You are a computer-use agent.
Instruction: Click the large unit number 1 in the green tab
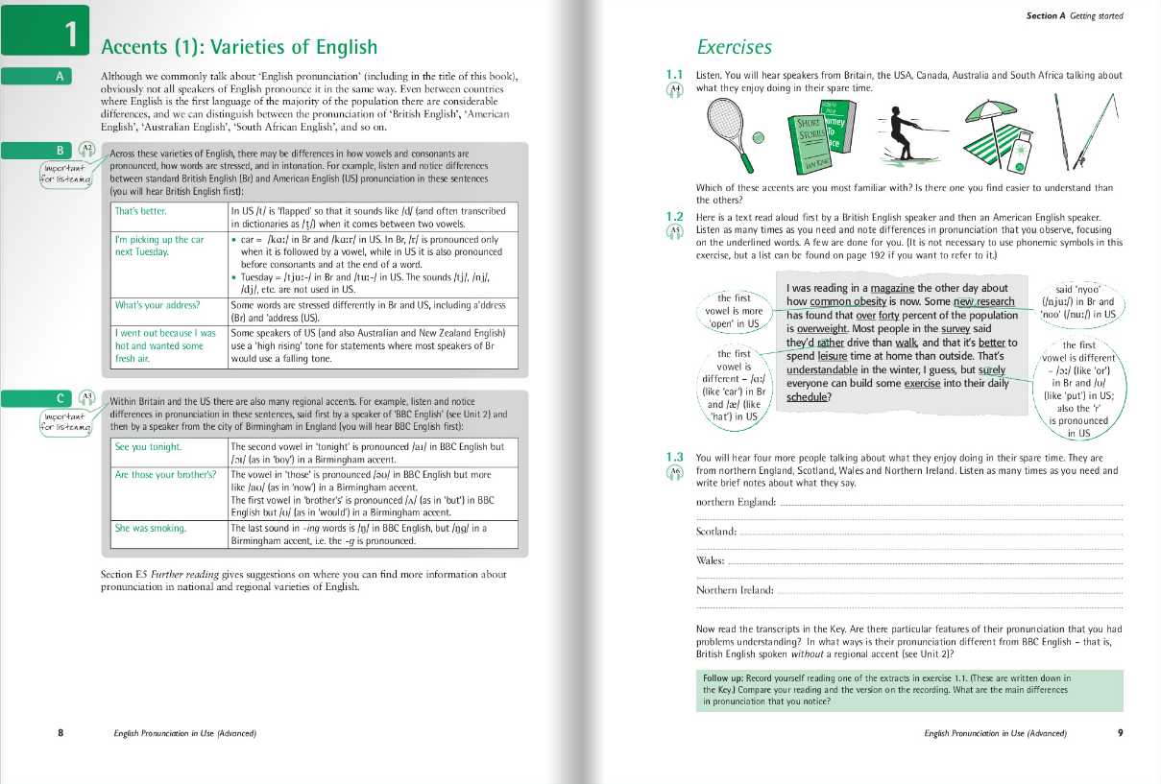pyautogui.click(x=69, y=36)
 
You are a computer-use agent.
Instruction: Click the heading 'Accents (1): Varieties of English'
pyautogui.click(x=239, y=47)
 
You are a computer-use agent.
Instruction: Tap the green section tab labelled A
pyautogui.click(x=60, y=78)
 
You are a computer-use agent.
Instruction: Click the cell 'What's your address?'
pyautogui.click(x=157, y=305)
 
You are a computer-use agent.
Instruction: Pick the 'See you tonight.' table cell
pyautogui.click(x=148, y=447)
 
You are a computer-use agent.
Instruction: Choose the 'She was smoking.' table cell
pyautogui.click(x=151, y=528)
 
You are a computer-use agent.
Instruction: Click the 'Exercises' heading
pyautogui.click(x=734, y=47)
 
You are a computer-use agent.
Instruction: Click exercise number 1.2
pyautogui.click(x=674, y=216)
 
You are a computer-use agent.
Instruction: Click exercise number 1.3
pyautogui.click(x=674, y=457)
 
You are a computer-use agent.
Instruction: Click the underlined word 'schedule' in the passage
pyautogui.click(x=809, y=396)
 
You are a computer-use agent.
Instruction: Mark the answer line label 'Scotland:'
pyautogui.click(x=715, y=532)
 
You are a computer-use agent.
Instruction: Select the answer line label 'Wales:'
pyautogui.click(x=710, y=560)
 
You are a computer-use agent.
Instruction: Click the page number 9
pyautogui.click(x=1120, y=733)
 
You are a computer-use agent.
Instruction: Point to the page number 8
pyautogui.click(x=60, y=733)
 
